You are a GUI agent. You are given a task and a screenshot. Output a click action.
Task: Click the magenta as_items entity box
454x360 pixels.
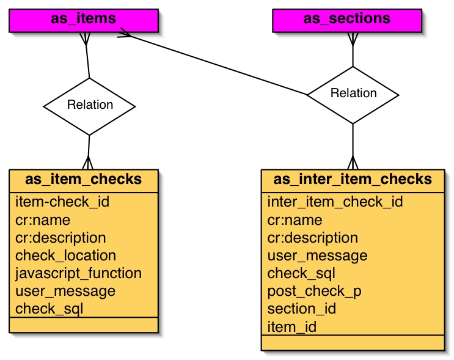[x=84, y=20]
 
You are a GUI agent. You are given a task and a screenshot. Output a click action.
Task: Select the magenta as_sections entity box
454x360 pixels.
[x=346, y=20]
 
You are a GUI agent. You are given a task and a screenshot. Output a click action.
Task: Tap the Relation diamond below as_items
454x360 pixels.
[x=89, y=105]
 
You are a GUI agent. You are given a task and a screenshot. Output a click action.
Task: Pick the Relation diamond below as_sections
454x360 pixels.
[x=353, y=94]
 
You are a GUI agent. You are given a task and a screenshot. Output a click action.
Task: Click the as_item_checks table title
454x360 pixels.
[x=84, y=180]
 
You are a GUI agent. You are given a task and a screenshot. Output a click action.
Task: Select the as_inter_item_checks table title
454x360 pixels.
[x=353, y=180]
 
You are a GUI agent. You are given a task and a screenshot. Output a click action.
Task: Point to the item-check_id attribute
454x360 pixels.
[x=62, y=202]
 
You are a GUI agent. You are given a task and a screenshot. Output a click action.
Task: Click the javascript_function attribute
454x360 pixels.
[x=78, y=273]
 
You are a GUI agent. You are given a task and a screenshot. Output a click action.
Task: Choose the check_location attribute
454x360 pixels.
[x=65, y=255]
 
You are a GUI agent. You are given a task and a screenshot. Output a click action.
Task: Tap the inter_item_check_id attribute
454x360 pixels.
[x=335, y=202]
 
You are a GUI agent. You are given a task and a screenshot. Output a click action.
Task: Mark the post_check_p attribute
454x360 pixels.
[x=314, y=291]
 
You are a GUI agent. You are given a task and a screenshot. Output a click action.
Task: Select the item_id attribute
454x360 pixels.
[x=292, y=327]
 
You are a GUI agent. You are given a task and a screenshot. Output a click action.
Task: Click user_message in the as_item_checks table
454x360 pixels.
[x=65, y=291]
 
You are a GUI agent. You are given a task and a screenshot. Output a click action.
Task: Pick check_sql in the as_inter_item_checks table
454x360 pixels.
[x=301, y=273]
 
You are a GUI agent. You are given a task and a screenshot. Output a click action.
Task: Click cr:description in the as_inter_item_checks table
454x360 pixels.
[x=312, y=238]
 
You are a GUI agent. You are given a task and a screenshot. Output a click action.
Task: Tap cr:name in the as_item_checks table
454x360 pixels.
[x=43, y=220]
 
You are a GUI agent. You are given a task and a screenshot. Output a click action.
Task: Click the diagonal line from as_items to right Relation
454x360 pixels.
[x=214, y=64]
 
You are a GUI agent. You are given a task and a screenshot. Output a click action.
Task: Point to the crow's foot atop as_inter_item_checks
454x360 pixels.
[x=353, y=163]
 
